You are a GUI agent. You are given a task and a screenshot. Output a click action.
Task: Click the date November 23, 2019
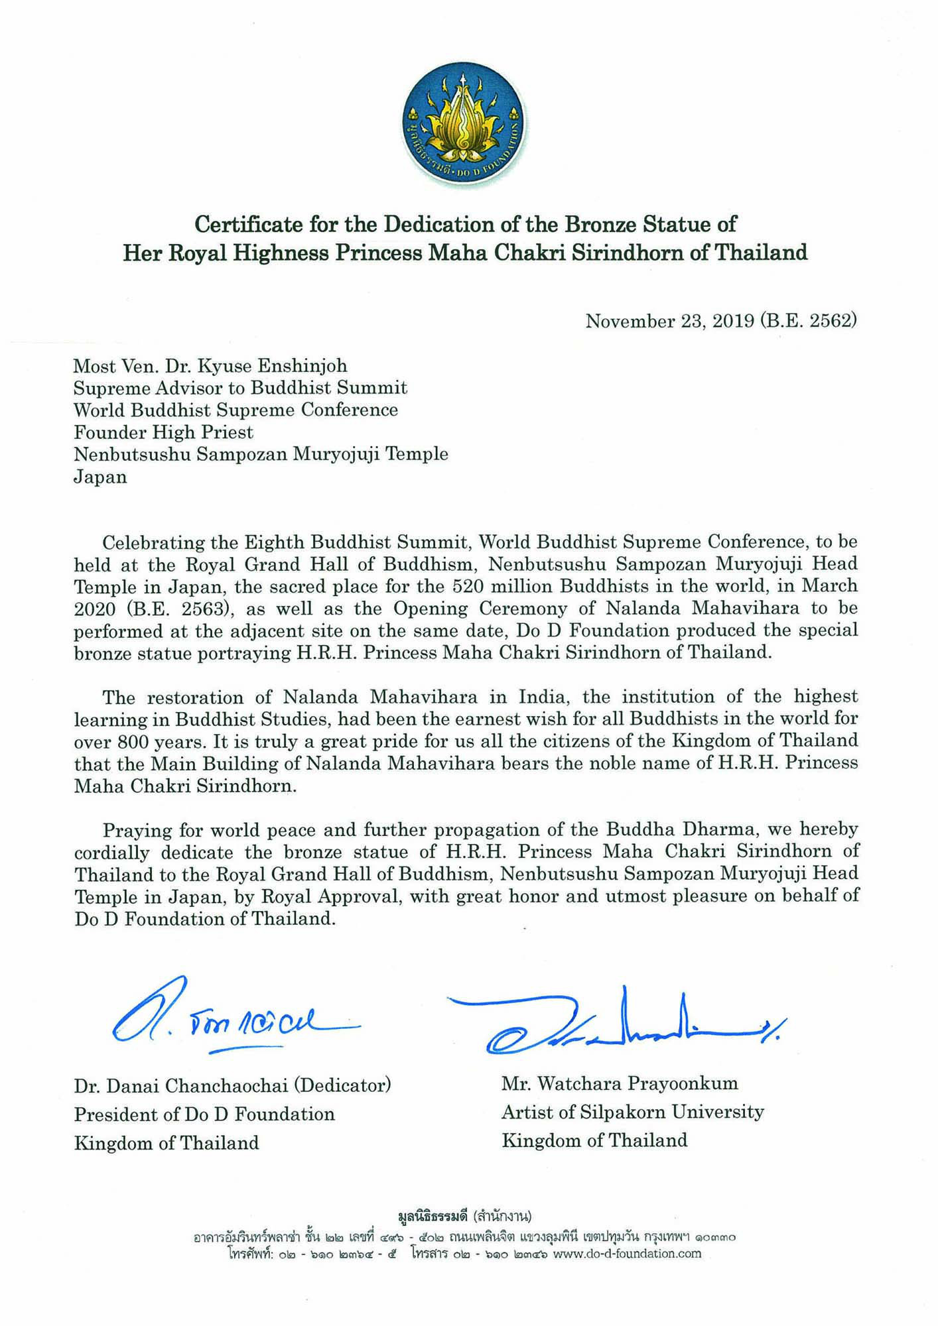(669, 322)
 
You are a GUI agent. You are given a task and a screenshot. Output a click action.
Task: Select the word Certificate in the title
(249, 224)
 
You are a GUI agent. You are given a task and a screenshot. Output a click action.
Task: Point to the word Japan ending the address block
(100, 477)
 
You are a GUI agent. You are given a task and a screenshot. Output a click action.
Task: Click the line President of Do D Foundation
(204, 1114)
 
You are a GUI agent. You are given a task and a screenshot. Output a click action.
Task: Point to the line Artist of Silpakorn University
(632, 1112)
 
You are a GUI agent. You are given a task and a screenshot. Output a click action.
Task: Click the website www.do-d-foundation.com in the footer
(626, 1253)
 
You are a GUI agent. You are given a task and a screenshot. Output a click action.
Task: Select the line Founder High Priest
(163, 432)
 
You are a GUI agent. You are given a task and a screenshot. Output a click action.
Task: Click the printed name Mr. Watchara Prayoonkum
(620, 1083)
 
